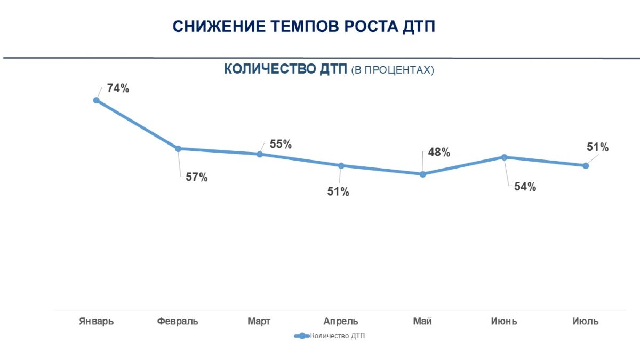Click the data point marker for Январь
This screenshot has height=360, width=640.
[97, 100]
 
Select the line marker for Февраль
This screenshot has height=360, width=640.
[178, 149]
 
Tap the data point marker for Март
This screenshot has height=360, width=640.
[260, 154]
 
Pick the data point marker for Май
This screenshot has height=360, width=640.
[423, 174]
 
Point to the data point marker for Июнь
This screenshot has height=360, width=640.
[504, 157]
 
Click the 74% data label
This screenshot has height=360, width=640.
[118, 89]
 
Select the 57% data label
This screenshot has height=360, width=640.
[196, 178]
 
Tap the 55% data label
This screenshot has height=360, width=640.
[281, 144]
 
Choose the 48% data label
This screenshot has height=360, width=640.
[439, 153]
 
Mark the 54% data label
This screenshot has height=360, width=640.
[525, 187]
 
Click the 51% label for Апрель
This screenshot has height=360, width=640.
[338, 192]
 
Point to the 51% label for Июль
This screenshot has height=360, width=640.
[597, 148]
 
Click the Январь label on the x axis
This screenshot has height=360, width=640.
[96, 321]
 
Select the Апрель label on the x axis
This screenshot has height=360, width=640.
[341, 321]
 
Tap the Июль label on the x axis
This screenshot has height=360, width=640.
[585, 321]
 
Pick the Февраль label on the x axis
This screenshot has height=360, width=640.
[178, 321]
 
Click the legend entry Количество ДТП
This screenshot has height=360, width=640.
[331, 336]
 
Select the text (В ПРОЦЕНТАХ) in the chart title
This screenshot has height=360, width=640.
[393, 70]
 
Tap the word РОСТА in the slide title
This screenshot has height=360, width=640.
[359, 27]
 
